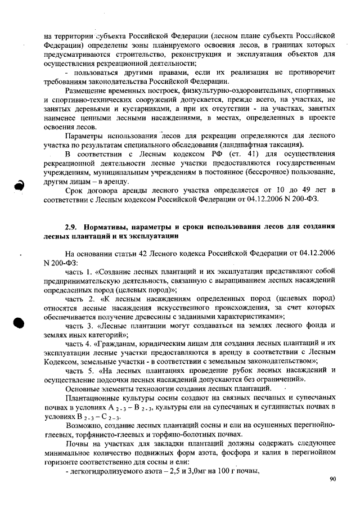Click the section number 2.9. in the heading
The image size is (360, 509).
[73, 227]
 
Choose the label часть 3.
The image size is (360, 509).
[80, 326]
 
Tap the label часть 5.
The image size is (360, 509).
[80, 371]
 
